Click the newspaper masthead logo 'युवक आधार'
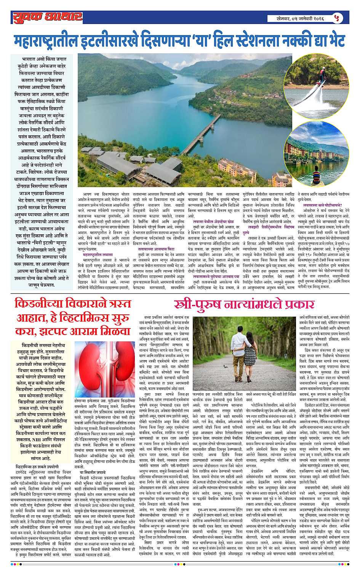coord(46,18)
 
